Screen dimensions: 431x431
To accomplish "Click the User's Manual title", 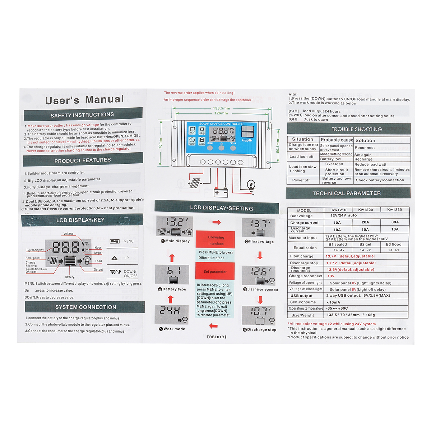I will [x=85, y=100].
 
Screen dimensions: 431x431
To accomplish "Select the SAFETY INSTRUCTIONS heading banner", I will [x=82, y=115].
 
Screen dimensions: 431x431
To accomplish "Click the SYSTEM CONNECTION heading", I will [x=85, y=307].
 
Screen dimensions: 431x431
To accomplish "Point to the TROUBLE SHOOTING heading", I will [x=356, y=129].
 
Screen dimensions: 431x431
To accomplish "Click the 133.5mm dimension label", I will [x=221, y=108].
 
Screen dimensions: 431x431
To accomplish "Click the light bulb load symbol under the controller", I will [x=251, y=185].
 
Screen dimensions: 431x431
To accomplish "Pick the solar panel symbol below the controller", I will [x=195, y=183].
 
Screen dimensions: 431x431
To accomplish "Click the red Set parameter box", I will [x=215, y=272].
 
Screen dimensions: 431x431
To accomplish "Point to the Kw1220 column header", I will [x=366, y=210].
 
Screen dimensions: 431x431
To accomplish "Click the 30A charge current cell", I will [x=395, y=222].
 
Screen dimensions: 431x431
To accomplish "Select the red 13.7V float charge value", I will [x=331, y=256].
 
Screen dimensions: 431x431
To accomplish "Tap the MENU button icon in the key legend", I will [x=115, y=241].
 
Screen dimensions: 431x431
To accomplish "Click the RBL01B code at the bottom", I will [x=217, y=337].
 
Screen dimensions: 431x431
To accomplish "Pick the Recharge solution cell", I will [x=363, y=159].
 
